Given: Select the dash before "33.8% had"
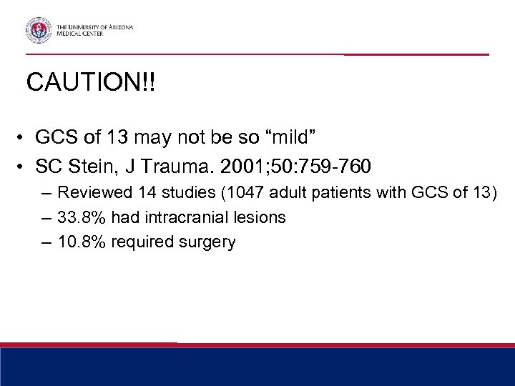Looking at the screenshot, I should [46, 217].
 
